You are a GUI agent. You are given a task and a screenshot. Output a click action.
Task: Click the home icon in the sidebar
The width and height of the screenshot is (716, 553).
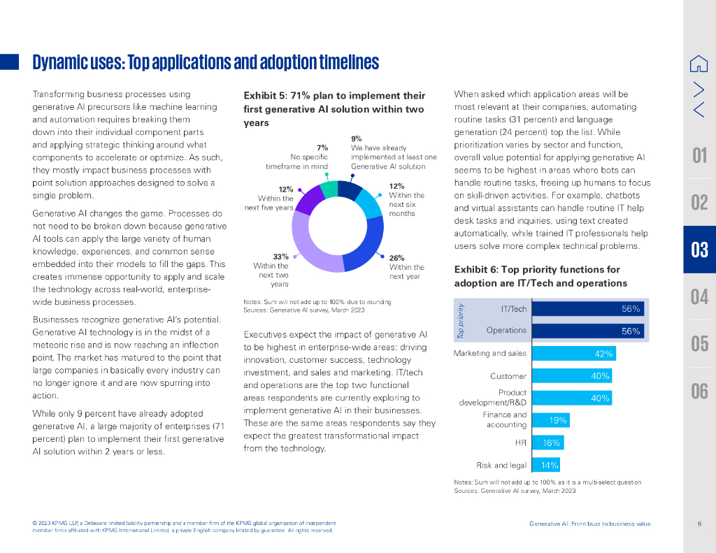pos(699,64)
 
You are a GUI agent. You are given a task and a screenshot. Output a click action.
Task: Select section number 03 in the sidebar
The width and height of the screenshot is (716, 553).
pos(699,250)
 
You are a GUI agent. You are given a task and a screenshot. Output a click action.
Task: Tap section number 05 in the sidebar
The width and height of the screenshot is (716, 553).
pos(699,344)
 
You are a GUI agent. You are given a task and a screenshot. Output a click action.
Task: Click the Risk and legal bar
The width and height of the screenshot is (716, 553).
pos(545,465)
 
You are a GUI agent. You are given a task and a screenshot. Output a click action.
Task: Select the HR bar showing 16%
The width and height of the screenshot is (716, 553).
pos(547,443)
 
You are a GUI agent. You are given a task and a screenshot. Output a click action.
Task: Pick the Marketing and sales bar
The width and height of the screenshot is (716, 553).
pos(573,354)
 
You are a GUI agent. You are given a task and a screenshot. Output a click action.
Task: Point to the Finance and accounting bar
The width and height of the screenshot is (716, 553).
pos(550,420)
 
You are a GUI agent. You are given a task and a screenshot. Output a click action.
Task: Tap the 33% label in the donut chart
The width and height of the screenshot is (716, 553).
pos(280,257)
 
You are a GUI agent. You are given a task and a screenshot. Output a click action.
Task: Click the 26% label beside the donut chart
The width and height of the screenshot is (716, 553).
pos(396,258)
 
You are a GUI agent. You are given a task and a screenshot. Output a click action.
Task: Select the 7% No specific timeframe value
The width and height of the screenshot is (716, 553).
pos(322,148)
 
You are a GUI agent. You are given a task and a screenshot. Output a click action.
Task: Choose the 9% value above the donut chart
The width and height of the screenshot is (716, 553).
pos(356,138)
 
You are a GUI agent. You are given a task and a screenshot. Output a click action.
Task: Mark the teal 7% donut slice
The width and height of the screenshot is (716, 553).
pos(329,191)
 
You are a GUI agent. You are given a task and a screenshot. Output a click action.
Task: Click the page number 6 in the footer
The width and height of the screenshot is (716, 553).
pos(699,524)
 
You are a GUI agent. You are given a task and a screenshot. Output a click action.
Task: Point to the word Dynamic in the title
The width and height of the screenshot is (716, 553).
pos(60,63)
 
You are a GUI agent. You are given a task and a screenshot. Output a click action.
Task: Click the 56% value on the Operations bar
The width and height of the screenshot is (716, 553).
pos(631,331)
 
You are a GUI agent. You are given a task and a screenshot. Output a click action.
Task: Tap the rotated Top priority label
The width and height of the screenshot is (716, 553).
pos(460,321)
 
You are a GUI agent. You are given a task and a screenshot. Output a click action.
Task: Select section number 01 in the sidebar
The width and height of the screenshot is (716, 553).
pos(699,155)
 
